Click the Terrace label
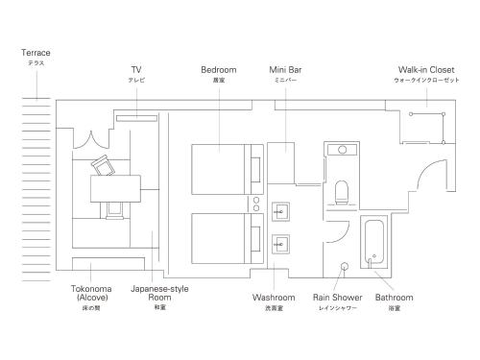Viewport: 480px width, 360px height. click(x=36, y=53)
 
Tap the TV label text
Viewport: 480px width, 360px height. click(x=136, y=69)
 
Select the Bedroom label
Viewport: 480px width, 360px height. click(x=218, y=69)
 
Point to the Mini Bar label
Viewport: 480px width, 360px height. click(x=285, y=69)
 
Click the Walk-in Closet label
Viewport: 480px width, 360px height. click(x=426, y=69)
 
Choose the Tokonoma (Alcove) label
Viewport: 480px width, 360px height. click(x=93, y=293)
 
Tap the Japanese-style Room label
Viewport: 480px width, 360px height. click(x=158, y=293)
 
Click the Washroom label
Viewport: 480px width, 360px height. click(x=274, y=299)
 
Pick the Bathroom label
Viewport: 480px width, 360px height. click(x=394, y=299)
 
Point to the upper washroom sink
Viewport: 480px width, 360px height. click(x=281, y=210)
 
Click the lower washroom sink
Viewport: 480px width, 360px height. click(x=281, y=243)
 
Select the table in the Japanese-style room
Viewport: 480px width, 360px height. click(x=114, y=188)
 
